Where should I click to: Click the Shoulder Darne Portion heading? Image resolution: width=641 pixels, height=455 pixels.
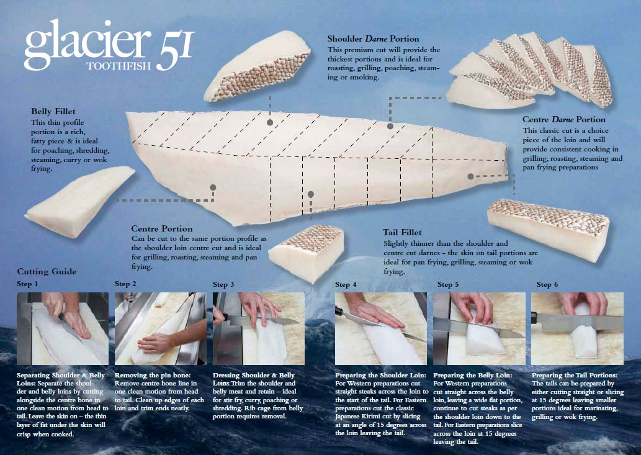click(x=373, y=39)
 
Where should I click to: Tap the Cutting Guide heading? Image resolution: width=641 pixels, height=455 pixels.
click(x=47, y=271)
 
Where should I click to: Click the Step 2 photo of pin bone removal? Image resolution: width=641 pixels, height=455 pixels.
click(x=159, y=328)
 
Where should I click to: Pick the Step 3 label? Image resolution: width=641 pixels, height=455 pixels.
click(x=223, y=285)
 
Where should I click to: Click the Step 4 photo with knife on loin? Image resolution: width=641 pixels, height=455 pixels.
click(x=381, y=328)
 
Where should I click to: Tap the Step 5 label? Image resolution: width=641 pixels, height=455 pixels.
click(x=448, y=285)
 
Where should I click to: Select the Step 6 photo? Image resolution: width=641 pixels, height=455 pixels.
click(x=578, y=328)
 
